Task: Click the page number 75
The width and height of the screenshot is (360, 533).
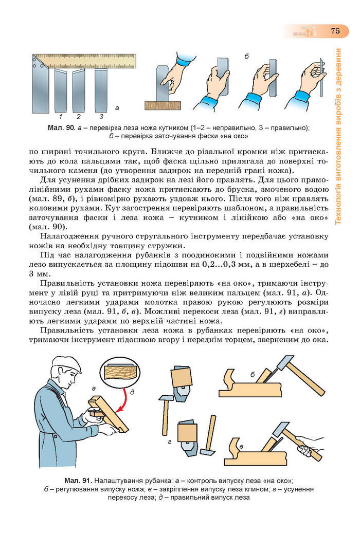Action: (x=335, y=31)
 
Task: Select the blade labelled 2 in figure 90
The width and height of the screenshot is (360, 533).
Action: (x=79, y=90)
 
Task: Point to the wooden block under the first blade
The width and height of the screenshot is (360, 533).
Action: (x=163, y=105)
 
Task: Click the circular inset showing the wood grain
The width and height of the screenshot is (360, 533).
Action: (x=122, y=371)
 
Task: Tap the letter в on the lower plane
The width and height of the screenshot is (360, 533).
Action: (x=241, y=445)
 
